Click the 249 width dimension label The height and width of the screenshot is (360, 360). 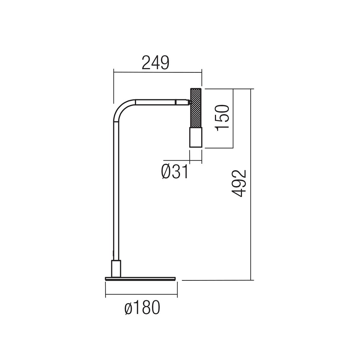pyautogui.click(x=156, y=62)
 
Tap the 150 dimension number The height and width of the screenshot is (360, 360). pyautogui.click(x=222, y=118)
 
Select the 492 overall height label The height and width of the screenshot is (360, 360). pyautogui.click(x=239, y=184)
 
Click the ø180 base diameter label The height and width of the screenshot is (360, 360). pyautogui.click(x=142, y=308)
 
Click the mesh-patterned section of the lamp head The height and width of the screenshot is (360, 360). pyautogui.click(x=195, y=108)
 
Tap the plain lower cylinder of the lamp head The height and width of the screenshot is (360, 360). pyautogui.click(x=195, y=137)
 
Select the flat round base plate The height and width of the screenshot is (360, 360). pyautogui.click(x=140, y=279)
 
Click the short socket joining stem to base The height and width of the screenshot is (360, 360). pyautogui.click(x=116, y=269)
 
